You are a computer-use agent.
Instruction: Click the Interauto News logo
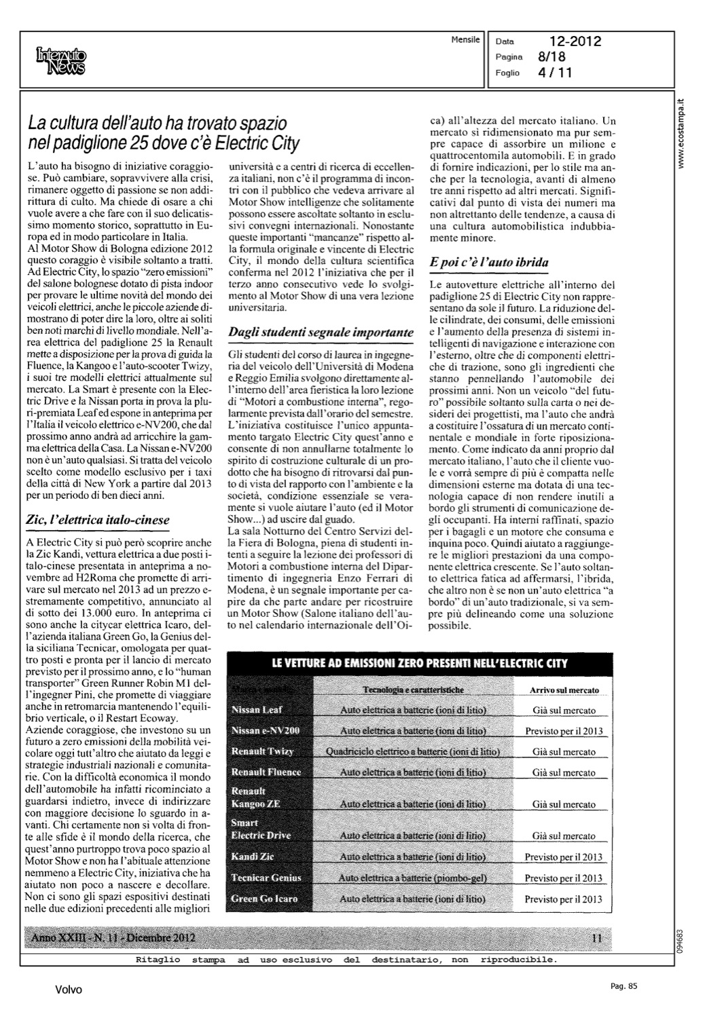pyautogui.click(x=62, y=61)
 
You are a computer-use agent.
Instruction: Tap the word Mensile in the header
pyautogui.click(x=465, y=39)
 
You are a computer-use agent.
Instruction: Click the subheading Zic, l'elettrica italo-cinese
pyautogui.click(x=96, y=520)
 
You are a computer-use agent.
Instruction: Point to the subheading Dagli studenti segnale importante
pyautogui.click(x=321, y=333)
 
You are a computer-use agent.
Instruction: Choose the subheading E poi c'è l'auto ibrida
pyautogui.click(x=489, y=262)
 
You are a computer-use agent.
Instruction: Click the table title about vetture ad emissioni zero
pyautogui.click(x=419, y=663)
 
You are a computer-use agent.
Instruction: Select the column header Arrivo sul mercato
pyautogui.click(x=564, y=690)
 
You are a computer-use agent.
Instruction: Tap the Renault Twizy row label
pyautogui.click(x=261, y=752)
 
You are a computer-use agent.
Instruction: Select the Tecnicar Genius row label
pyautogui.click(x=266, y=878)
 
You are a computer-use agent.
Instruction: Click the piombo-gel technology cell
pyautogui.click(x=413, y=878)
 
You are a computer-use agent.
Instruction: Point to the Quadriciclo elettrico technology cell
pyautogui.click(x=413, y=752)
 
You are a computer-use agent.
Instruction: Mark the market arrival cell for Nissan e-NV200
pyautogui.click(x=564, y=732)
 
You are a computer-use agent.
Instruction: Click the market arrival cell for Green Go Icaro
pyautogui.click(x=564, y=899)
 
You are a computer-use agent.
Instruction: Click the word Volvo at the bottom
pyautogui.click(x=69, y=990)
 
